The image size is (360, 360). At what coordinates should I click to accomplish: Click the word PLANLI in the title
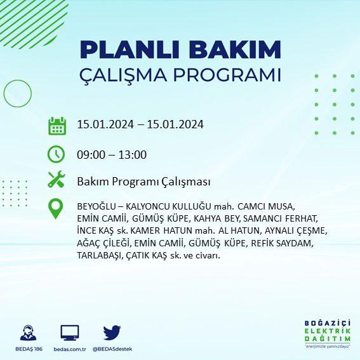(130, 50)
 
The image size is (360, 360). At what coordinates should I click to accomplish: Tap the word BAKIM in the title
(235, 50)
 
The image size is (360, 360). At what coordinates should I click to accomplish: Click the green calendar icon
(57, 126)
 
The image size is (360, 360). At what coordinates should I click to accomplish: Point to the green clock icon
(57, 154)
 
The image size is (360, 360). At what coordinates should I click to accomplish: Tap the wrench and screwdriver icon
(57, 180)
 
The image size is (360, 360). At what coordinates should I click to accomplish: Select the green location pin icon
(56, 209)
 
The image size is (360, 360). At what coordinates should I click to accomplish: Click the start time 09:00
(91, 155)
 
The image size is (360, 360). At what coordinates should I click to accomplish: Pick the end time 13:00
(133, 155)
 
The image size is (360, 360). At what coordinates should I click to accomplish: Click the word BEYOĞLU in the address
(97, 206)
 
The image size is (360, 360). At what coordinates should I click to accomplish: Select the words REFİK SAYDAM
(282, 243)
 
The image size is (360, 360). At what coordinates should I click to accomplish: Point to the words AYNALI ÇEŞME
(296, 230)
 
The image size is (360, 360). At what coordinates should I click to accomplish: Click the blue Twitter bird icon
(112, 332)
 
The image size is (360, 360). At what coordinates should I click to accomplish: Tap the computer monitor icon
(70, 333)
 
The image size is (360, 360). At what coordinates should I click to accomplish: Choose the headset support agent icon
(28, 333)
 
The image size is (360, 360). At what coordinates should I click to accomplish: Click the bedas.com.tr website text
(70, 349)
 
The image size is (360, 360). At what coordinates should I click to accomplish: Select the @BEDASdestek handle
(112, 349)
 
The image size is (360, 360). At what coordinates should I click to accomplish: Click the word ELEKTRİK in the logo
(328, 331)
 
